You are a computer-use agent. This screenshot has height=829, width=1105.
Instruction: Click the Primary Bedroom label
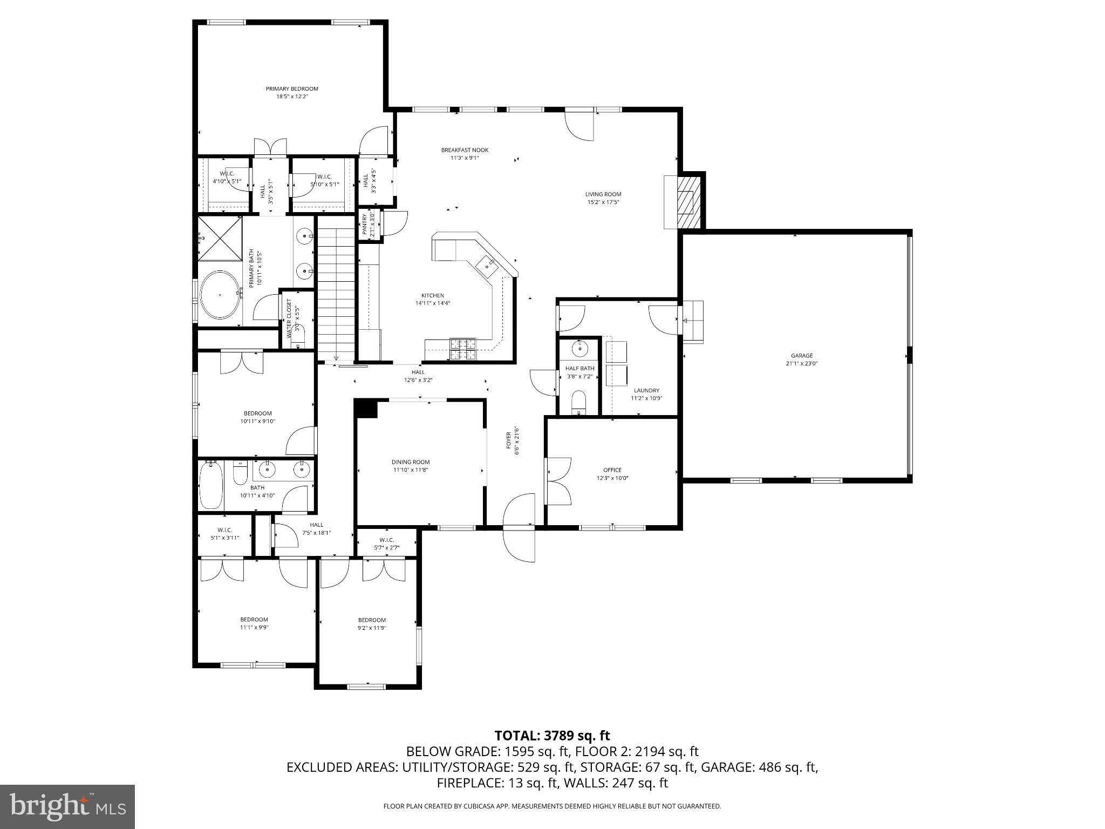[292, 89]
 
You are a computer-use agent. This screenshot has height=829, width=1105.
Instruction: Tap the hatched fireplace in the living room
[685, 202]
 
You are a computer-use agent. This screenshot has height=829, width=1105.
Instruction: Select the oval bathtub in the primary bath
[220, 295]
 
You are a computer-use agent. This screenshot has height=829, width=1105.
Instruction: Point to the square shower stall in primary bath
[220, 238]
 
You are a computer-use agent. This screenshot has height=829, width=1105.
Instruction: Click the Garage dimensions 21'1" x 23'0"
[802, 364]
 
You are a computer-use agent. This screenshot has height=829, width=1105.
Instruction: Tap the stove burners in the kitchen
[463, 349]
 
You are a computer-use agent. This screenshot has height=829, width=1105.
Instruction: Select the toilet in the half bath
[578, 403]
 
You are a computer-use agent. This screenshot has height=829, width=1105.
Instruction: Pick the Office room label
[612, 470]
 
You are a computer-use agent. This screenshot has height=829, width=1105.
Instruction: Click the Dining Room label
[411, 462]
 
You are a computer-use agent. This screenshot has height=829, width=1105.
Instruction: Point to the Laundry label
[646, 390]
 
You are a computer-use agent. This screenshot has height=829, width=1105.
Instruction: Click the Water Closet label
[289, 318]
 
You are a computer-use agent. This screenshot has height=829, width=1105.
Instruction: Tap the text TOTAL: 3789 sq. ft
[552, 735]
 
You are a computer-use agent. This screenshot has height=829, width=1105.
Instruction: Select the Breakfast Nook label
[465, 150]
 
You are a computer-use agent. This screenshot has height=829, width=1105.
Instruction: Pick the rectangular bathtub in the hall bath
[211, 485]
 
